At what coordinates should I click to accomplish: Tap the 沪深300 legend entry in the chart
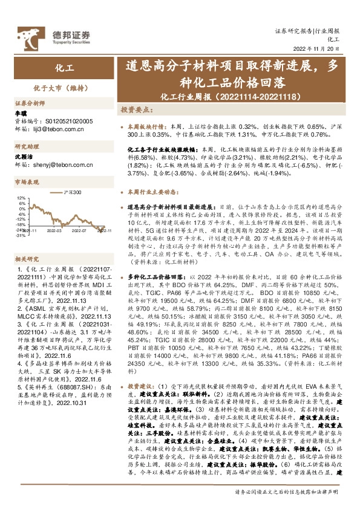coord(72,192)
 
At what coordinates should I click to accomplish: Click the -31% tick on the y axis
coord(21,235)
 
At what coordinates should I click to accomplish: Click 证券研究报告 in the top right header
coord(293,30)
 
